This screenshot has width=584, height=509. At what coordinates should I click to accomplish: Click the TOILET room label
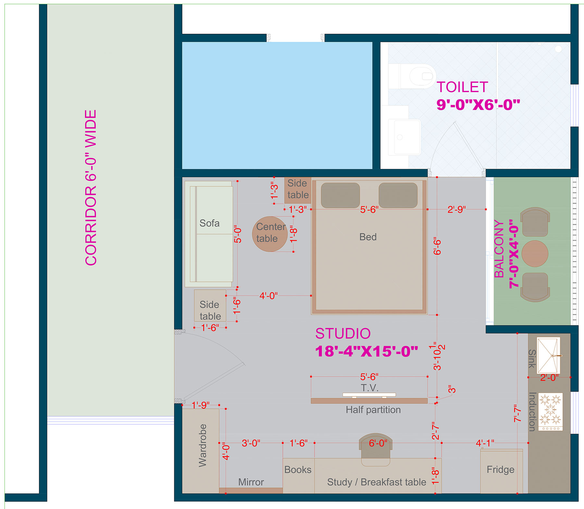coord(462,87)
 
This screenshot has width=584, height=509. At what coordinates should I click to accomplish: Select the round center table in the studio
coord(270,234)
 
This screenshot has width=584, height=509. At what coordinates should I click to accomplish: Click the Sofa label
coord(209,223)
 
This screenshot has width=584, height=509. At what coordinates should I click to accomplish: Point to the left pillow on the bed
coord(340,195)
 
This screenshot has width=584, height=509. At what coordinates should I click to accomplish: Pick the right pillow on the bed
coord(398,195)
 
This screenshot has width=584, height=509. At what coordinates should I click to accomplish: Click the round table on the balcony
coord(535,254)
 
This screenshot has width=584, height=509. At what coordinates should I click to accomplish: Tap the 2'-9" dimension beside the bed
coord(456,210)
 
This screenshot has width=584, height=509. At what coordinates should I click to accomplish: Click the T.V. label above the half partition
coord(370,388)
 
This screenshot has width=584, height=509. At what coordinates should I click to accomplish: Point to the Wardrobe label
coord(202,445)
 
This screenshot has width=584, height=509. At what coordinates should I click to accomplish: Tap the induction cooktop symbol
coord(550,411)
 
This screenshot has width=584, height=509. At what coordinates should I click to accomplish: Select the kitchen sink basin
coord(548,356)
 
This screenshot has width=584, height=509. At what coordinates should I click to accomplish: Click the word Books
coord(298,470)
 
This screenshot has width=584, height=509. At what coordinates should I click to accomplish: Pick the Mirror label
coord(251,482)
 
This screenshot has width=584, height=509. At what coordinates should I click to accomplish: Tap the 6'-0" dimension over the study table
coord(378,443)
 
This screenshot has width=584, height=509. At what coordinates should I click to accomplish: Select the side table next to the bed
coord(298,189)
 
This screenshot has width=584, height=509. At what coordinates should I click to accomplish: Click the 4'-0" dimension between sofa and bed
coord(268,296)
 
